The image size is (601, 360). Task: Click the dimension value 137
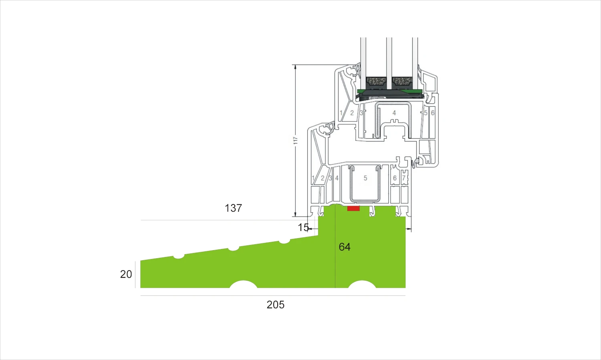233,208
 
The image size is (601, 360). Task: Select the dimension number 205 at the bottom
276,305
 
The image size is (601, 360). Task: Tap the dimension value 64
345,247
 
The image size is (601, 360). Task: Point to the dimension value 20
126,274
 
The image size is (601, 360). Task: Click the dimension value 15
303,228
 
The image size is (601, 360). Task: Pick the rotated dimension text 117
295,140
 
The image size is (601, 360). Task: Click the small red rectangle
353,208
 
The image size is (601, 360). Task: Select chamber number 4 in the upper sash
394,113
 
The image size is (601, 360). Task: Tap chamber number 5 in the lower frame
365,178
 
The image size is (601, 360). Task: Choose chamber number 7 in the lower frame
403,178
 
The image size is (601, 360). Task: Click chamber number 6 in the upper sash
432,113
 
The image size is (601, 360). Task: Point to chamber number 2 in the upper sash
352,113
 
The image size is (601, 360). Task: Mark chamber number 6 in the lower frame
395,178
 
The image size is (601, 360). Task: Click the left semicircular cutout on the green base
243,284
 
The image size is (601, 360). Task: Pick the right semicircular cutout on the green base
362,284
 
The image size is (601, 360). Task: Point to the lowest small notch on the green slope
179,257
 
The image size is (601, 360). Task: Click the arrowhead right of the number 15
310,229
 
